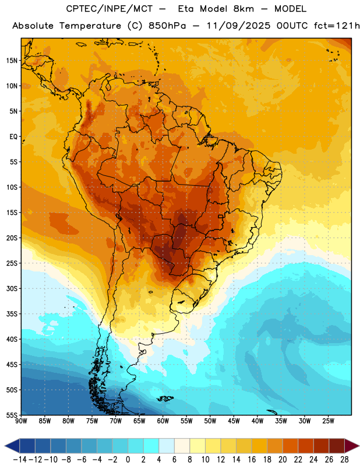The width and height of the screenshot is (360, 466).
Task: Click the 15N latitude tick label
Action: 12,61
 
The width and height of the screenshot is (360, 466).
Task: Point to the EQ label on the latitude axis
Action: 13,137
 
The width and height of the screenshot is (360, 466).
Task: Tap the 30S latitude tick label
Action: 12,288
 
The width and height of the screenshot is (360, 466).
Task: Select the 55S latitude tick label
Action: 12,415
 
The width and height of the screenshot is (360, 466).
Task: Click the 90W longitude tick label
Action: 21,421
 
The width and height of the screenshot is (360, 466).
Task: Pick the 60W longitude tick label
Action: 163,421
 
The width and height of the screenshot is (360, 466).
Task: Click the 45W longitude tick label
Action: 234,421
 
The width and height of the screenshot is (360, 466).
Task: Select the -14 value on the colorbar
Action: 20,460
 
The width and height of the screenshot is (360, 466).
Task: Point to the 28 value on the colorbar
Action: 344,460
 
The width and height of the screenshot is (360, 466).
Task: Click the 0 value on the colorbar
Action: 128,460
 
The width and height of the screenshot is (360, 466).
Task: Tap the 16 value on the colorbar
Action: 252,460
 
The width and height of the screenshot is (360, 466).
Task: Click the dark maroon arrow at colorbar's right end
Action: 351,446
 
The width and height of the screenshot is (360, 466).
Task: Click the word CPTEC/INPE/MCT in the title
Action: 109,9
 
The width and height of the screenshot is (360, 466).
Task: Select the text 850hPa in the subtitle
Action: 167,26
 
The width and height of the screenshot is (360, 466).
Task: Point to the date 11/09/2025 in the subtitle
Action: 238,26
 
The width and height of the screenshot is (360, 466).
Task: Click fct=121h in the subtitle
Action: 337,26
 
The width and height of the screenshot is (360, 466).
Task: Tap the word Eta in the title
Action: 186,9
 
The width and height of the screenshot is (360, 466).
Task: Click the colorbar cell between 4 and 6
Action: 167,446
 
